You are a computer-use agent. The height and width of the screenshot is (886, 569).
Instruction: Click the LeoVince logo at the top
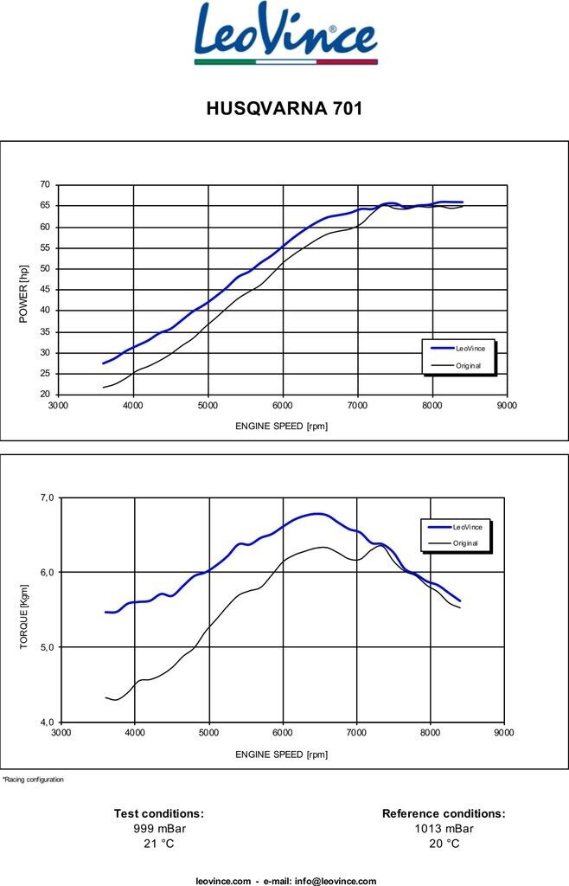click(x=285, y=34)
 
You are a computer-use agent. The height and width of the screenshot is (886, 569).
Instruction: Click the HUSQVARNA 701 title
click(x=284, y=109)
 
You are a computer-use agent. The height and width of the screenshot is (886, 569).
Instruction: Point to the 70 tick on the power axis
click(x=44, y=185)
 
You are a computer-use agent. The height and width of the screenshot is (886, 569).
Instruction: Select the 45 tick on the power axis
click(x=44, y=290)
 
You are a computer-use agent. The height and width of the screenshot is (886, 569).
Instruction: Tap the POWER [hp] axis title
click(x=23, y=294)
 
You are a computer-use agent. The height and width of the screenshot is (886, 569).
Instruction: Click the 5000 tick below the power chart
click(x=208, y=405)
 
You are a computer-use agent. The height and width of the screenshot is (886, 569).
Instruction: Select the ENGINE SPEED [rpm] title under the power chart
click(x=281, y=426)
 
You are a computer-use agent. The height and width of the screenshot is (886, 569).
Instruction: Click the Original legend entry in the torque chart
click(x=465, y=543)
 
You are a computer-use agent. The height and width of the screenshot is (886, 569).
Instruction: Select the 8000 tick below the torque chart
click(x=430, y=732)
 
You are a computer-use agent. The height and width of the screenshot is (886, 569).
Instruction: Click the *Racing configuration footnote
click(x=33, y=780)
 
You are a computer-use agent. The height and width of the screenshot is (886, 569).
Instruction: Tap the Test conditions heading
click(x=159, y=813)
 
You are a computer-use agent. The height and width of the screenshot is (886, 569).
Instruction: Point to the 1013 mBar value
click(x=444, y=828)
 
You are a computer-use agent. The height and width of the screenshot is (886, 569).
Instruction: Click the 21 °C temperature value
click(x=159, y=844)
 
